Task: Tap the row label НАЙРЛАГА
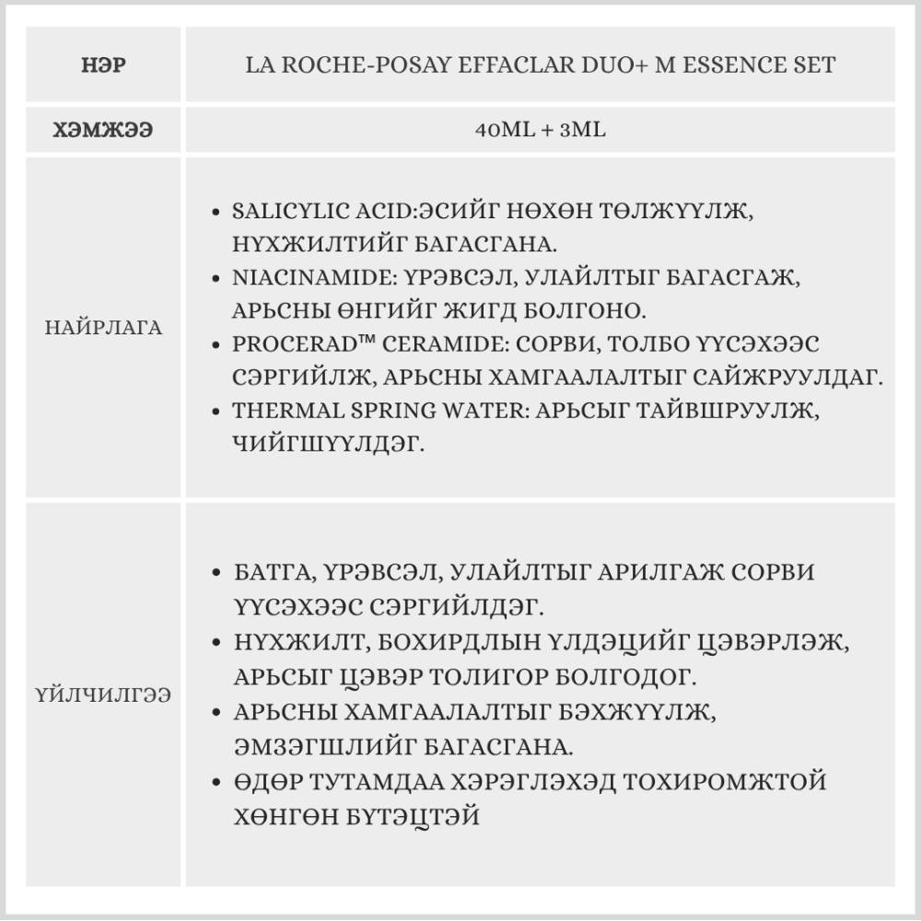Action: (x=103, y=328)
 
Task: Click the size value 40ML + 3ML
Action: (x=540, y=130)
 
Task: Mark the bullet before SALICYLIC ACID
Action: (x=216, y=212)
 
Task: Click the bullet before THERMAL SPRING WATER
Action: (x=216, y=411)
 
